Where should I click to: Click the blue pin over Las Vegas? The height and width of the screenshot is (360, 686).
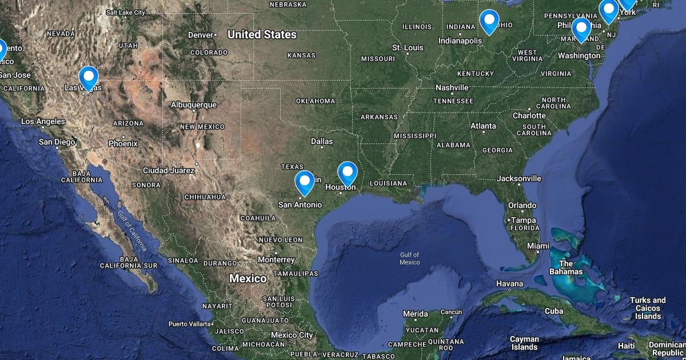click(x=89, y=77)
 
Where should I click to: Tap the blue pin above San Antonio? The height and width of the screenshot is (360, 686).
click(x=305, y=181)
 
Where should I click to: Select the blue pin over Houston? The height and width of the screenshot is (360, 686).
click(x=348, y=172)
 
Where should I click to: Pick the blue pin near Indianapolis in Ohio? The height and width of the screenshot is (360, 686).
click(x=489, y=21)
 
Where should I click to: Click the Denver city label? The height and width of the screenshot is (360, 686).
click(x=201, y=35)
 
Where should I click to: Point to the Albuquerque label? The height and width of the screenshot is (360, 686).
click(x=194, y=105)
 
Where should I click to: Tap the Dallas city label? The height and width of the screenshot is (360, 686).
click(x=322, y=141)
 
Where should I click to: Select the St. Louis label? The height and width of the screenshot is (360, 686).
click(x=408, y=47)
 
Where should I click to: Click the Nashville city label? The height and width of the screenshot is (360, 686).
click(x=452, y=87)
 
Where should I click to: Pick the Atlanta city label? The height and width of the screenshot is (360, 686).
click(x=483, y=126)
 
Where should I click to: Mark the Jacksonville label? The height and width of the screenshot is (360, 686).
click(x=519, y=178)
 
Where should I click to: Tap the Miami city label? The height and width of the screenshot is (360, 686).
click(x=539, y=246)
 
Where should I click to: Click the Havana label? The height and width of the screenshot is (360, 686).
click(x=509, y=283)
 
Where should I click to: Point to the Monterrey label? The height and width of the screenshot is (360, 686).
click(x=276, y=259)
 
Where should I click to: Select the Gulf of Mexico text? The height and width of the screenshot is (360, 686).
click(x=409, y=258)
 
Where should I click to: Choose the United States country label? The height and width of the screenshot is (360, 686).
click(x=262, y=34)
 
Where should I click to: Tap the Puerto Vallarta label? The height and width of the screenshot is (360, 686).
click(x=190, y=324)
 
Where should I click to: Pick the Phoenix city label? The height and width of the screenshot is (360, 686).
click(x=123, y=143)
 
